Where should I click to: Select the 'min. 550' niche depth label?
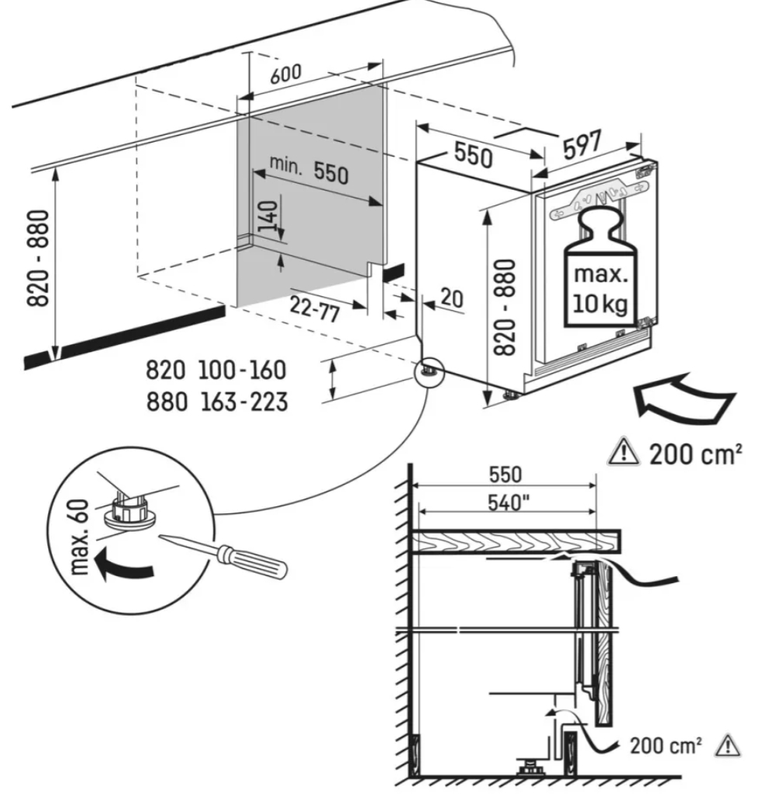point(309,169)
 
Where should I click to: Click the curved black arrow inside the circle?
point(124,567)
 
